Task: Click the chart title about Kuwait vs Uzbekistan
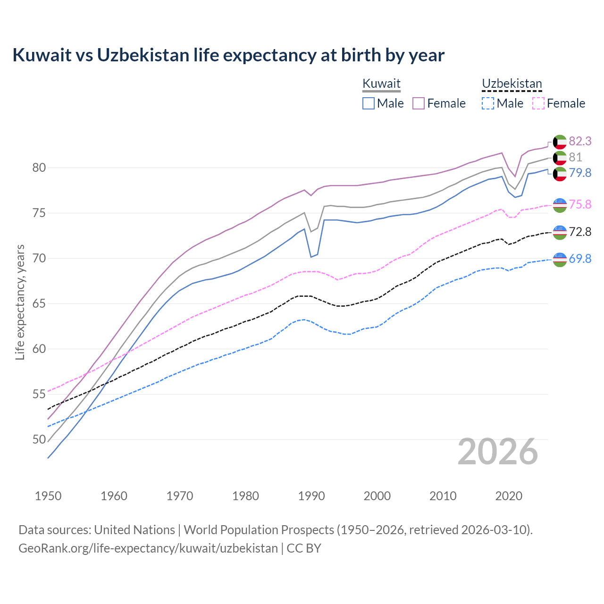(x=228, y=55)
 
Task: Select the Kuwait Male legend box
(x=369, y=103)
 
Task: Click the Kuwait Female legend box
(x=419, y=103)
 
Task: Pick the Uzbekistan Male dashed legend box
(x=488, y=103)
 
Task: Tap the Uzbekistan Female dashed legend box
(x=538, y=103)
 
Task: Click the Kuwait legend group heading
(x=381, y=84)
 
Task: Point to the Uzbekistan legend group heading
(x=512, y=84)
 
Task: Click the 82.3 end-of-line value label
(x=580, y=141)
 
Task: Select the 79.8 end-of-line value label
(x=580, y=173)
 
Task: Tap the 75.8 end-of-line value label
(x=580, y=204)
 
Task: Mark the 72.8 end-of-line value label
(x=580, y=232)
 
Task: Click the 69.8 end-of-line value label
(x=580, y=259)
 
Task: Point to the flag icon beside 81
(x=560, y=158)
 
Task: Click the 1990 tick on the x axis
(x=311, y=496)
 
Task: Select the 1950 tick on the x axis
(x=48, y=496)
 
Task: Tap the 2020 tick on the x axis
(x=509, y=496)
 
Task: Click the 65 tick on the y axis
(x=39, y=303)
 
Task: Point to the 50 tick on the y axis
(x=39, y=439)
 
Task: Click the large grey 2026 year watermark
(x=498, y=452)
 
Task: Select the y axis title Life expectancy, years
(x=20, y=302)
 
